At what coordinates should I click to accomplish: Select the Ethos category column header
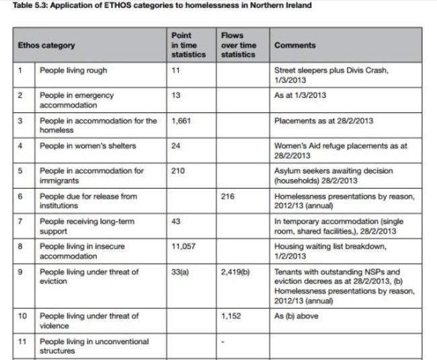tap(46, 45)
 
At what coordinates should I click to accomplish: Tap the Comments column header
tap(295, 45)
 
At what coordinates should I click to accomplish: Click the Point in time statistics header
tap(188, 45)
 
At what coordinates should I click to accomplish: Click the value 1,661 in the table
tap(183, 121)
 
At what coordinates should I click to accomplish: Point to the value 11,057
tap(185, 246)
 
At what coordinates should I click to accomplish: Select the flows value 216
tap(229, 196)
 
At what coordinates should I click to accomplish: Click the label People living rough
tap(73, 71)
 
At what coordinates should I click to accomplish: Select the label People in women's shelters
tap(87, 146)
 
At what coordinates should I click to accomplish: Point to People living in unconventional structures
tap(94, 346)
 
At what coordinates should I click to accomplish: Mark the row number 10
tap(23, 316)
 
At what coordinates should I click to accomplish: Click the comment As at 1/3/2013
tap(301, 95)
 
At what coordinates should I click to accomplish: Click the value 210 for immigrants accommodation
tap(179, 171)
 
